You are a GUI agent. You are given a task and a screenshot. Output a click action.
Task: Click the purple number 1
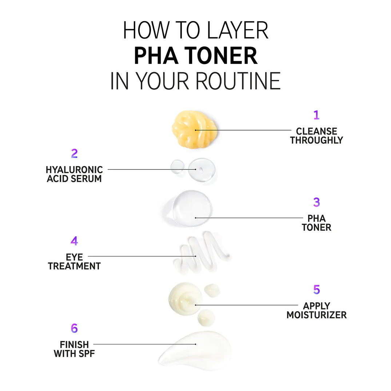click(x=316, y=115)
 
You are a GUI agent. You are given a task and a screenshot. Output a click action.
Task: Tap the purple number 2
click(x=74, y=153)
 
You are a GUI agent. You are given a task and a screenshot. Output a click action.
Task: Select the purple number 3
click(x=316, y=202)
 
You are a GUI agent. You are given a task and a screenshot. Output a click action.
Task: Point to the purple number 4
click(x=74, y=241)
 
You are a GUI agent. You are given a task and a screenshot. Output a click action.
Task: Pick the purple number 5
click(x=316, y=290)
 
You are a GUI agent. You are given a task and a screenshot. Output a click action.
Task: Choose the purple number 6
click(x=74, y=328)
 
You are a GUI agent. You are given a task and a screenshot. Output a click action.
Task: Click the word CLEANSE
click(x=316, y=131)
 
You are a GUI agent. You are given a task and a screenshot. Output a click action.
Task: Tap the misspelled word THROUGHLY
click(x=316, y=140)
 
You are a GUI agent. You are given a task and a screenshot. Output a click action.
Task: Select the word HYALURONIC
click(x=74, y=170)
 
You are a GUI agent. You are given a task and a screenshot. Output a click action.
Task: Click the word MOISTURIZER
click(x=316, y=315)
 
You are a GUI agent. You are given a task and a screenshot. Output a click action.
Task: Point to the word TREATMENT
click(x=74, y=266)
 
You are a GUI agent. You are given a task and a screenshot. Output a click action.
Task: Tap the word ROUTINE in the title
click(x=238, y=81)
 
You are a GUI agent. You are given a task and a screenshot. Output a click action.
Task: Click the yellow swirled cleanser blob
click(x=194, y=129)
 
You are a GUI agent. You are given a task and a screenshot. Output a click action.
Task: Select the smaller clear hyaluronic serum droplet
click(x=177, y=166)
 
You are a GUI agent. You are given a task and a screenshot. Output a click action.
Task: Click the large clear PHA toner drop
click(x=192, y=208)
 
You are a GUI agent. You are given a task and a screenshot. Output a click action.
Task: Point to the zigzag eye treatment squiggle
click(x=202, y=252)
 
